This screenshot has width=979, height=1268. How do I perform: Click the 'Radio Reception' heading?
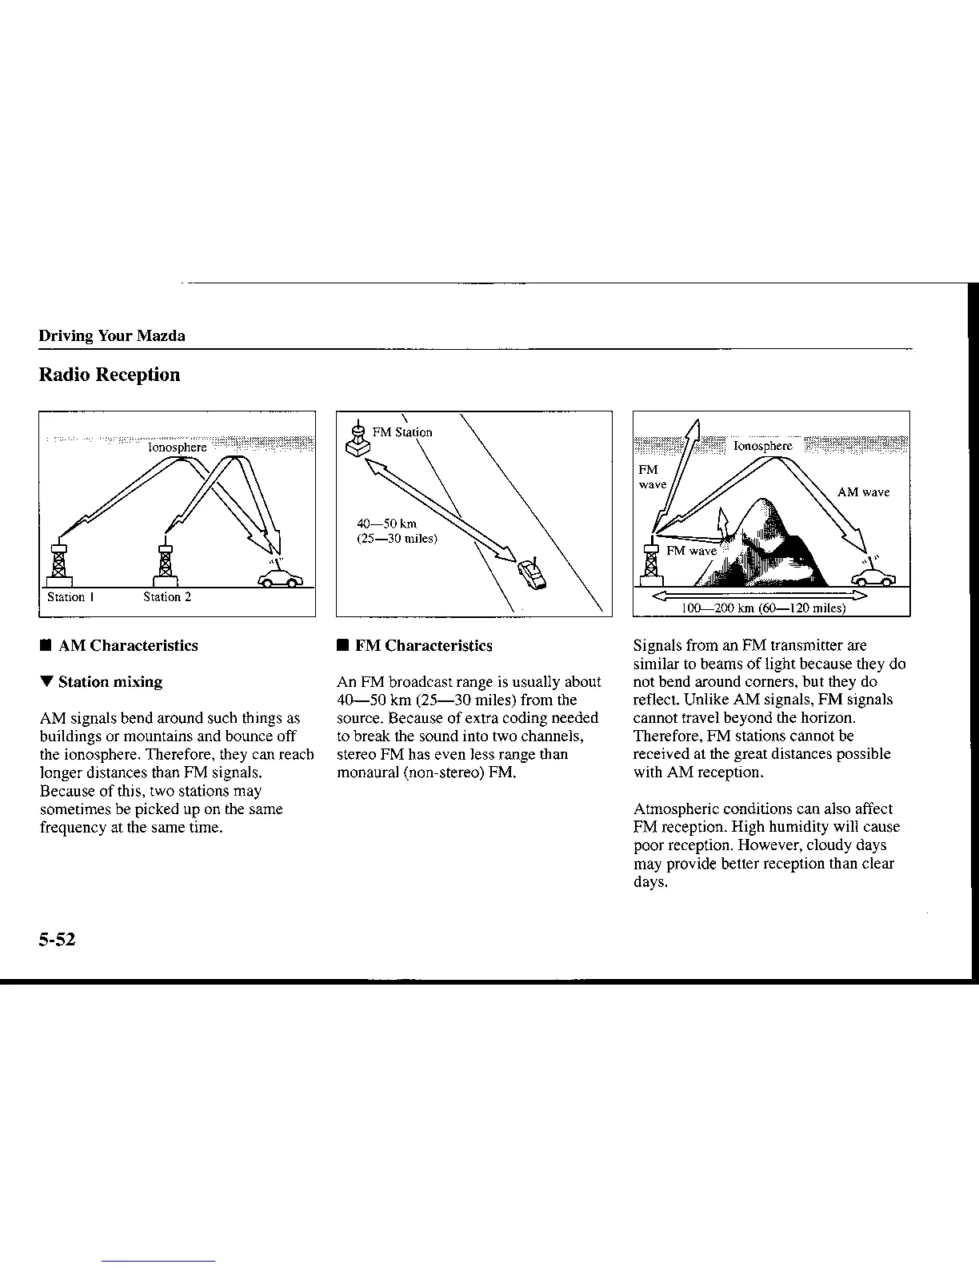[110, 375]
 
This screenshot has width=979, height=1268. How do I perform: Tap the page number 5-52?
[57, 941]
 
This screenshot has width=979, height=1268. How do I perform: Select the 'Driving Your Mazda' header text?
[112, 336]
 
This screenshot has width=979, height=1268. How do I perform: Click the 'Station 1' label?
[71, 597]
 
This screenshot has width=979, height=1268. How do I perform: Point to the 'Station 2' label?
[167, 597]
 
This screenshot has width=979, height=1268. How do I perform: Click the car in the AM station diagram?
[280, 577]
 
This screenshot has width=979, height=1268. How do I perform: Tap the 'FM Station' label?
[402, 432]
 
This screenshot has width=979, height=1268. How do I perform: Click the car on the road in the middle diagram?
[532, 574]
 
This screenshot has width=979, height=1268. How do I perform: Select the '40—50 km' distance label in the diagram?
[386, 524]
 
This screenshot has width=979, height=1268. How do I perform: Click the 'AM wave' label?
[863, 492]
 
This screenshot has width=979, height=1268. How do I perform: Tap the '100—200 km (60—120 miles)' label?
[763, 608]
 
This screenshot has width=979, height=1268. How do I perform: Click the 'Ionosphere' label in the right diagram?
[762, 446]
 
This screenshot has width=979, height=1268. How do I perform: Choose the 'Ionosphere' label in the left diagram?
[178, 447]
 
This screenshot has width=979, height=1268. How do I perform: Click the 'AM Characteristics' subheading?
[128, 646]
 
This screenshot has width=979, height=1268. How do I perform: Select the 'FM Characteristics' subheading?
[423, 646]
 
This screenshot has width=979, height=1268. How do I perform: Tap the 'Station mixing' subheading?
[110, 682]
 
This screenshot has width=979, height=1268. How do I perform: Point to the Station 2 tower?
[166, 560]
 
